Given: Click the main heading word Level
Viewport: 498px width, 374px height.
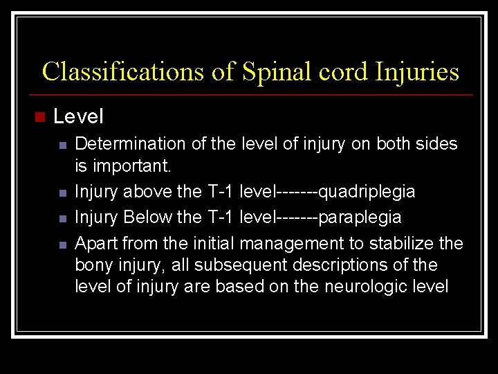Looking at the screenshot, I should (x=78, y=116).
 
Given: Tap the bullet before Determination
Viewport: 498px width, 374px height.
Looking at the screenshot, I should (x=62, y=145).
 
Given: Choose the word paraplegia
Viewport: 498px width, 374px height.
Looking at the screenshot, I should (x=360, y=217).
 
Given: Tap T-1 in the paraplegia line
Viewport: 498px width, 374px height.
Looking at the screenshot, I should (x=221, y=217).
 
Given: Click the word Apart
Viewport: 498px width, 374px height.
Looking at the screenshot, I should (x=95, y=243).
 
